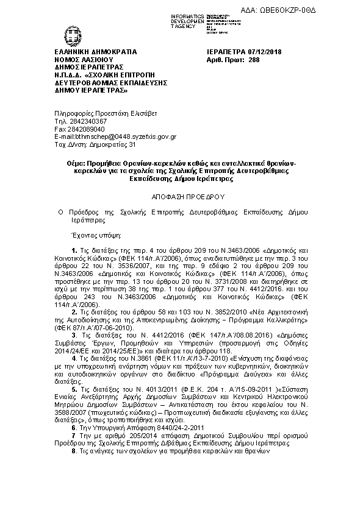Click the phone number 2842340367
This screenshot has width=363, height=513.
(85, 122)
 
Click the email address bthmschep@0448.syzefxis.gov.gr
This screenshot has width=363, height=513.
(121, 137)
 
